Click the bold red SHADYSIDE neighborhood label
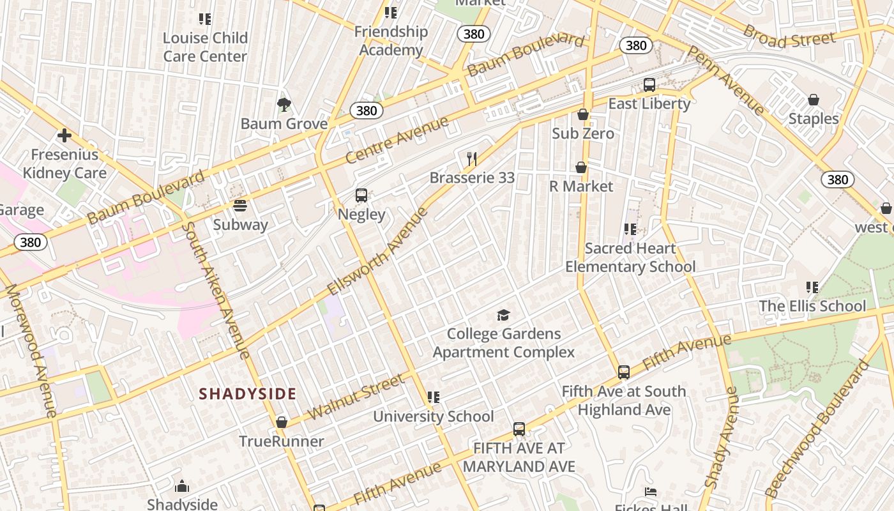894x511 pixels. click(247, 393)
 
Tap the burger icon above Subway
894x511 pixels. click(240, 206)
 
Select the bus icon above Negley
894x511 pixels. click(361, 195)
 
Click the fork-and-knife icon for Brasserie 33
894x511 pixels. click(472, 158)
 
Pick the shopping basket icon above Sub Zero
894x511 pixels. click(582, 114)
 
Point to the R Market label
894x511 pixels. click(581, 187)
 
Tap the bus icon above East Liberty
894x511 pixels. click(649, 84)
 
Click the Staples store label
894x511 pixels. click(814, 119)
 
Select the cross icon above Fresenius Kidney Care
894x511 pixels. click(64, 135)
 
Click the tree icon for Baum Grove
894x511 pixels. click(284, 104)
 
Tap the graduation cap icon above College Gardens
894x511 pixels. click(504, 315)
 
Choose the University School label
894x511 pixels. click(434, 416)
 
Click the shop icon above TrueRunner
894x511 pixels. click(282, 422)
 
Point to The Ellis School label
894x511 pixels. click(812, 306)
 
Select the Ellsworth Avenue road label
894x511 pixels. click(377, 250)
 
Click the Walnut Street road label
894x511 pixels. click(356, 397)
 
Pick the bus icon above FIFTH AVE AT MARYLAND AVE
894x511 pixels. click(519, 429)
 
